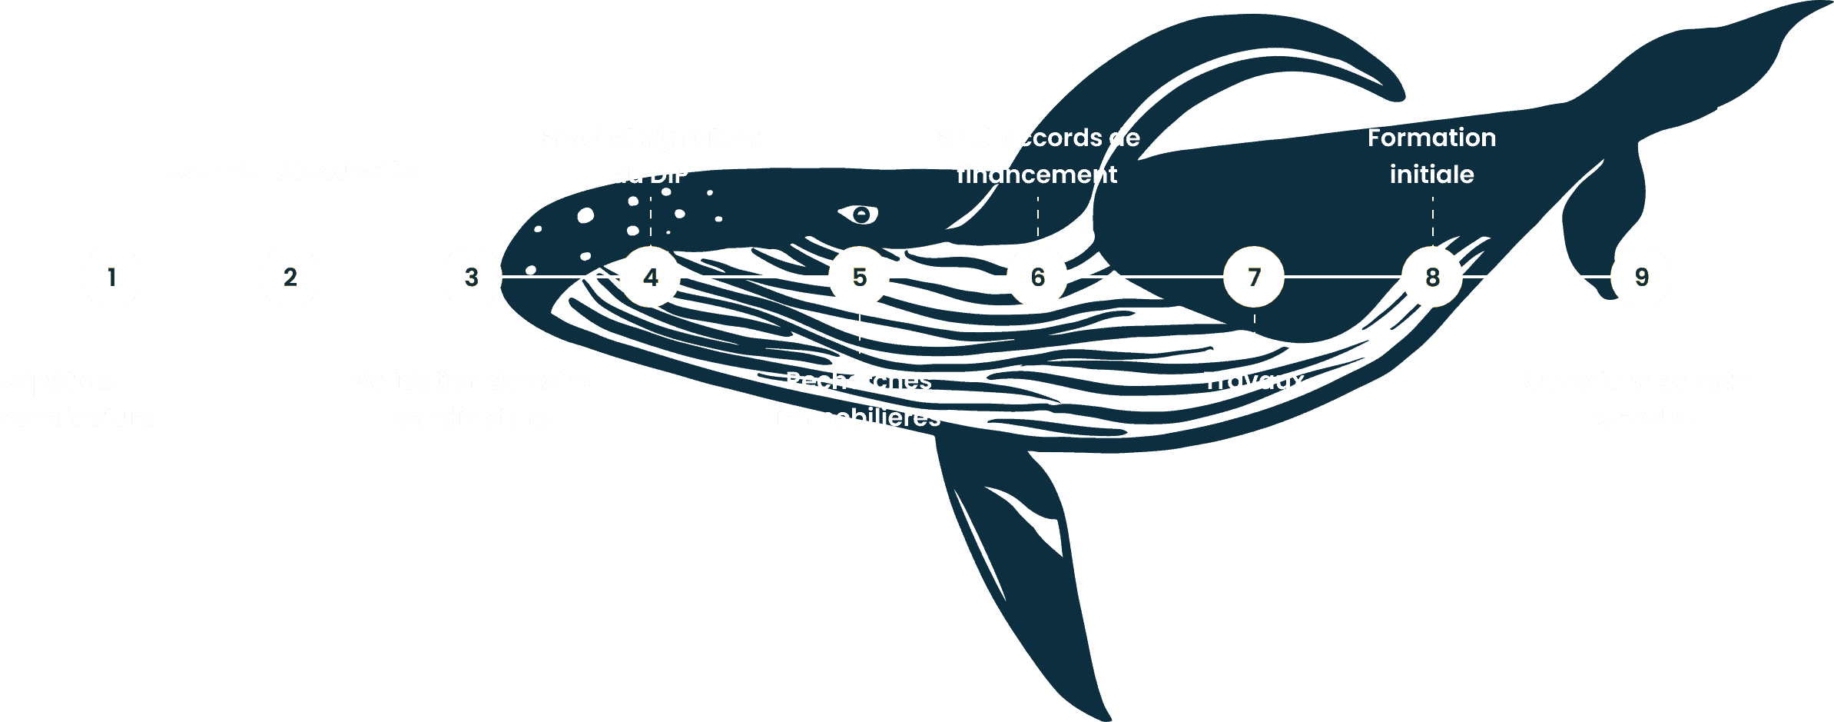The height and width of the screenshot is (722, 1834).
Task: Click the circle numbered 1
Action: tap(112, 277)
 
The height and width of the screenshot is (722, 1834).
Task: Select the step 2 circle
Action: tap(290, 277)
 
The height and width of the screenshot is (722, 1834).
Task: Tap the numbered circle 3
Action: tap(472, 277)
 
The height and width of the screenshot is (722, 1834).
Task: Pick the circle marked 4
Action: tap(650, 277)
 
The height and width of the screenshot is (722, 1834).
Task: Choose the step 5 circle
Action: tap(859, 277)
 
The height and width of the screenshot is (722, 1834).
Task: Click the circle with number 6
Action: tap(1037, 277)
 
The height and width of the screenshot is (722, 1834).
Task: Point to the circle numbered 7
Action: tap(1254, 277)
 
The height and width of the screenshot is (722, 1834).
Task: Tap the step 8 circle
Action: tap(1432, 277)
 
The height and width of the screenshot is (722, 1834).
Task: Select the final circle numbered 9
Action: tap(1641, 277)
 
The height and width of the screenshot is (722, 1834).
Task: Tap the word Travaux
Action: tap(1254, 381)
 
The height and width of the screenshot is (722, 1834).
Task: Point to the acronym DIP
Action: tap(669, 175)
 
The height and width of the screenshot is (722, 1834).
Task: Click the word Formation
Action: tap(1431, 138)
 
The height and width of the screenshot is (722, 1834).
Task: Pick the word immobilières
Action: tap(858, 418)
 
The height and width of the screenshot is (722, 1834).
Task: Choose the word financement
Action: tap(1036, 175)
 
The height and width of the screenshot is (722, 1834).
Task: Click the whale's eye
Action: tap(861, 214)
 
